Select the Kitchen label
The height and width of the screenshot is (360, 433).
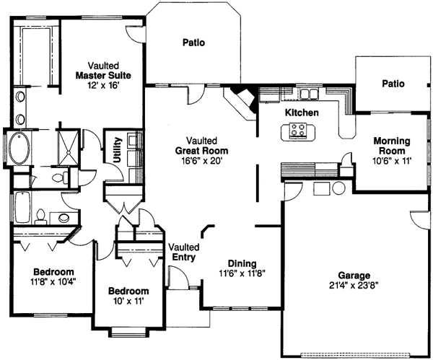[x=301, y=113]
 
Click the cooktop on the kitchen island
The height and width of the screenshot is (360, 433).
[x=297, y=130]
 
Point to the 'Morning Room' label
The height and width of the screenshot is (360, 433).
[x=391, y=146]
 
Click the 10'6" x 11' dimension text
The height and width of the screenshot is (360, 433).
[x=391, y=161]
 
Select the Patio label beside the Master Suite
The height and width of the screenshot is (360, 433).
[x=193, y=43]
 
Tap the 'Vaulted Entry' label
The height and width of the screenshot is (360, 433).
[x=183, y=253]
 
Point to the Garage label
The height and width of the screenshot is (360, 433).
[x=354, y=275]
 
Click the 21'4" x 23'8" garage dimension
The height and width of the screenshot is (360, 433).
[x=354, y=285]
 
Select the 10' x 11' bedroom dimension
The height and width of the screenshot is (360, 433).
[x=128, y=302]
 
